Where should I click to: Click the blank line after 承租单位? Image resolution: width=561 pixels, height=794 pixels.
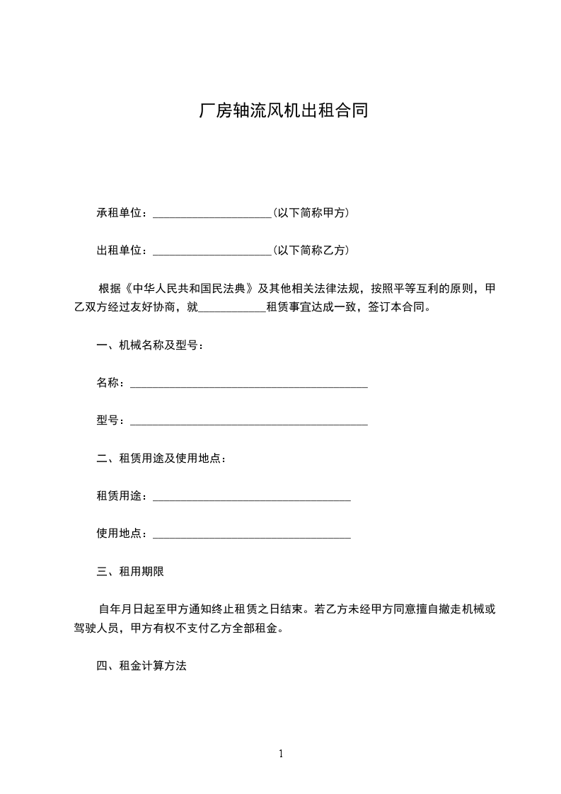click(x=212, y=213)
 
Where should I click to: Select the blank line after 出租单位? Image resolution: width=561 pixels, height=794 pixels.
click(x=212, y=251)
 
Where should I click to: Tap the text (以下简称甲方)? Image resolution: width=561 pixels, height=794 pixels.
click(x=311, y=212)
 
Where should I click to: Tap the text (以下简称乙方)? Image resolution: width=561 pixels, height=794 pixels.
click(x=311, y=250)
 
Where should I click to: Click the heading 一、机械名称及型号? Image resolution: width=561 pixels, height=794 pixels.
click(x=150, y=346)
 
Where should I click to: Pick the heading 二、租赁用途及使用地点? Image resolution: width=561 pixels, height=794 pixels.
click(x=161, y=459)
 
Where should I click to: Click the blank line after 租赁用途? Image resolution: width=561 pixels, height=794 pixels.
click(x=251, y=497)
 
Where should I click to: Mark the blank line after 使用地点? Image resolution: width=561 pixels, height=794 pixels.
click(x=251, y=535)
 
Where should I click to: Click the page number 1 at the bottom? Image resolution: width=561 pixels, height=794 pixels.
click(x=281, y=754)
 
